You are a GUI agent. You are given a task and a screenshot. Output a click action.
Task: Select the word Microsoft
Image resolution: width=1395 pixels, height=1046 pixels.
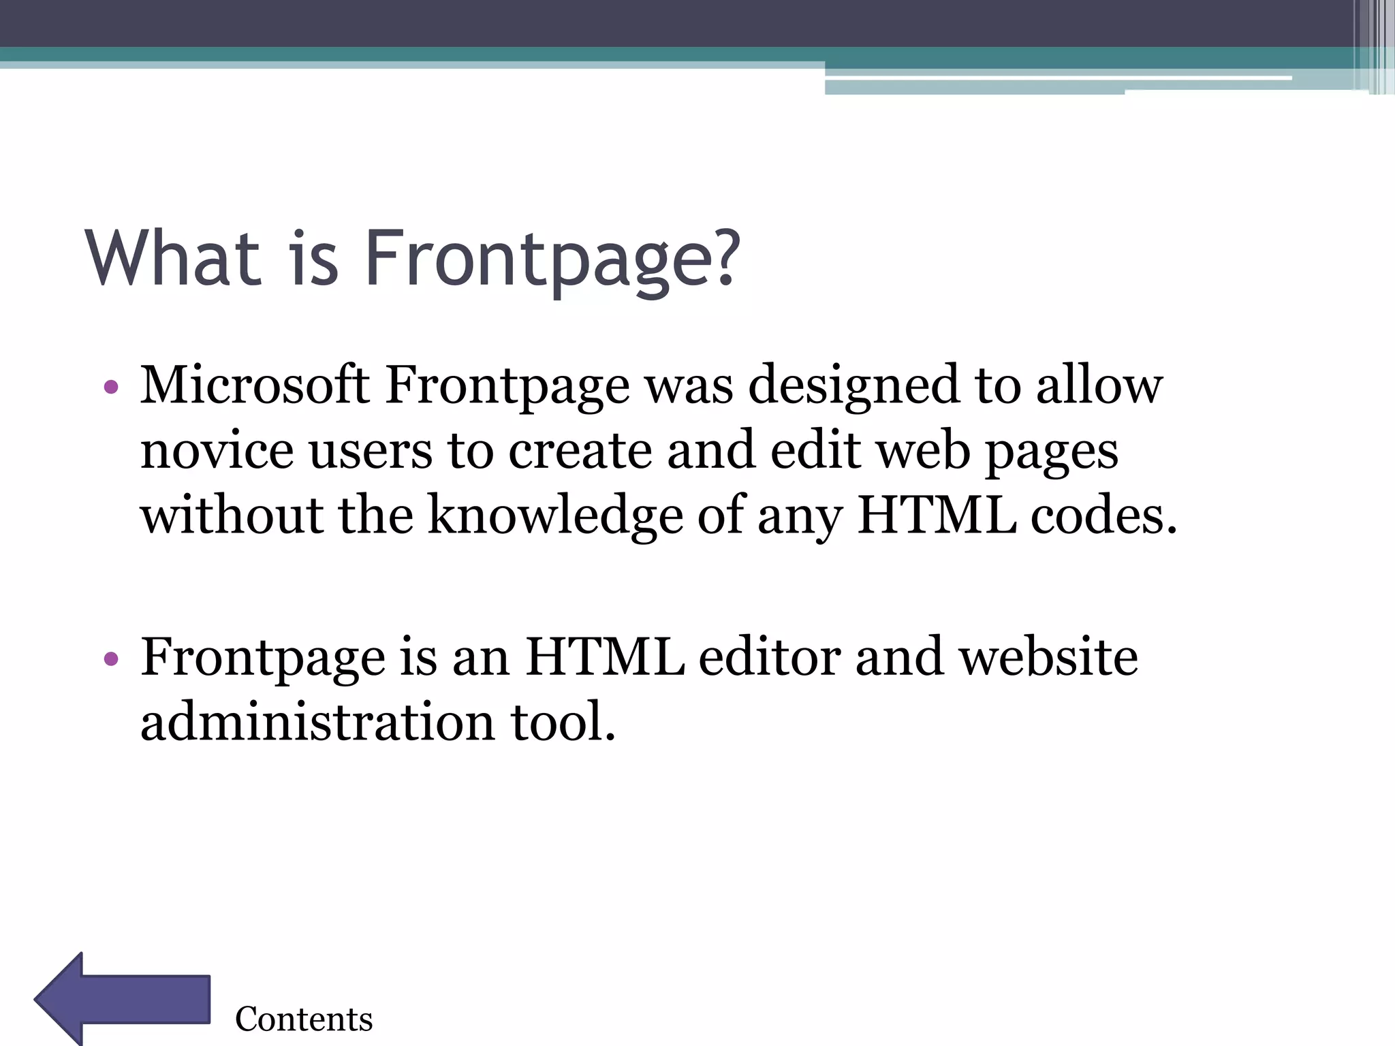pos(255,385)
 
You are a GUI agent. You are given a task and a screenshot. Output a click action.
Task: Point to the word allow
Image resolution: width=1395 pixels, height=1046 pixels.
pos(1099,385)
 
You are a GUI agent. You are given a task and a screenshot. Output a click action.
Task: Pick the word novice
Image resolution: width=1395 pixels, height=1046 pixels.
pos(216,451)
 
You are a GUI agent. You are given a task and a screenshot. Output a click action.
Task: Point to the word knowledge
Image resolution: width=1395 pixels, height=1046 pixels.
pos(555,516)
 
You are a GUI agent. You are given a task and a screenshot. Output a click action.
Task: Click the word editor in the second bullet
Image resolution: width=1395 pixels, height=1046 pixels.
pos(769,658)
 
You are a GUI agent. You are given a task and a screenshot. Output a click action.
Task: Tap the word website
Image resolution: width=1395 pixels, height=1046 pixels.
pos(1048,658)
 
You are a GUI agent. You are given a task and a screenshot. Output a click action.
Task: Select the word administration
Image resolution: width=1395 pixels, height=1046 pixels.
pos(317,722)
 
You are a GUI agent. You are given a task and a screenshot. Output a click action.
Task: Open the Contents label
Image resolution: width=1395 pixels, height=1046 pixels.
pos(304,1019)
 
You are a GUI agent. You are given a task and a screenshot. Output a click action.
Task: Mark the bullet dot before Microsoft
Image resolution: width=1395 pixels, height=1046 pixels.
pos(111,388)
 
